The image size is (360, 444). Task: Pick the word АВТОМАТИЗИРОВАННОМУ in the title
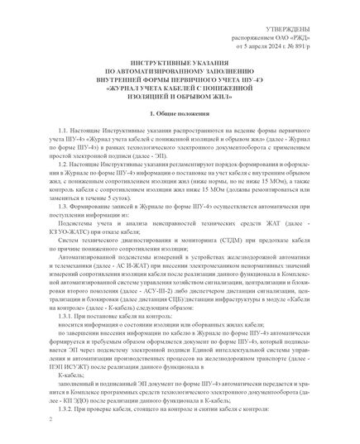155,73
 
